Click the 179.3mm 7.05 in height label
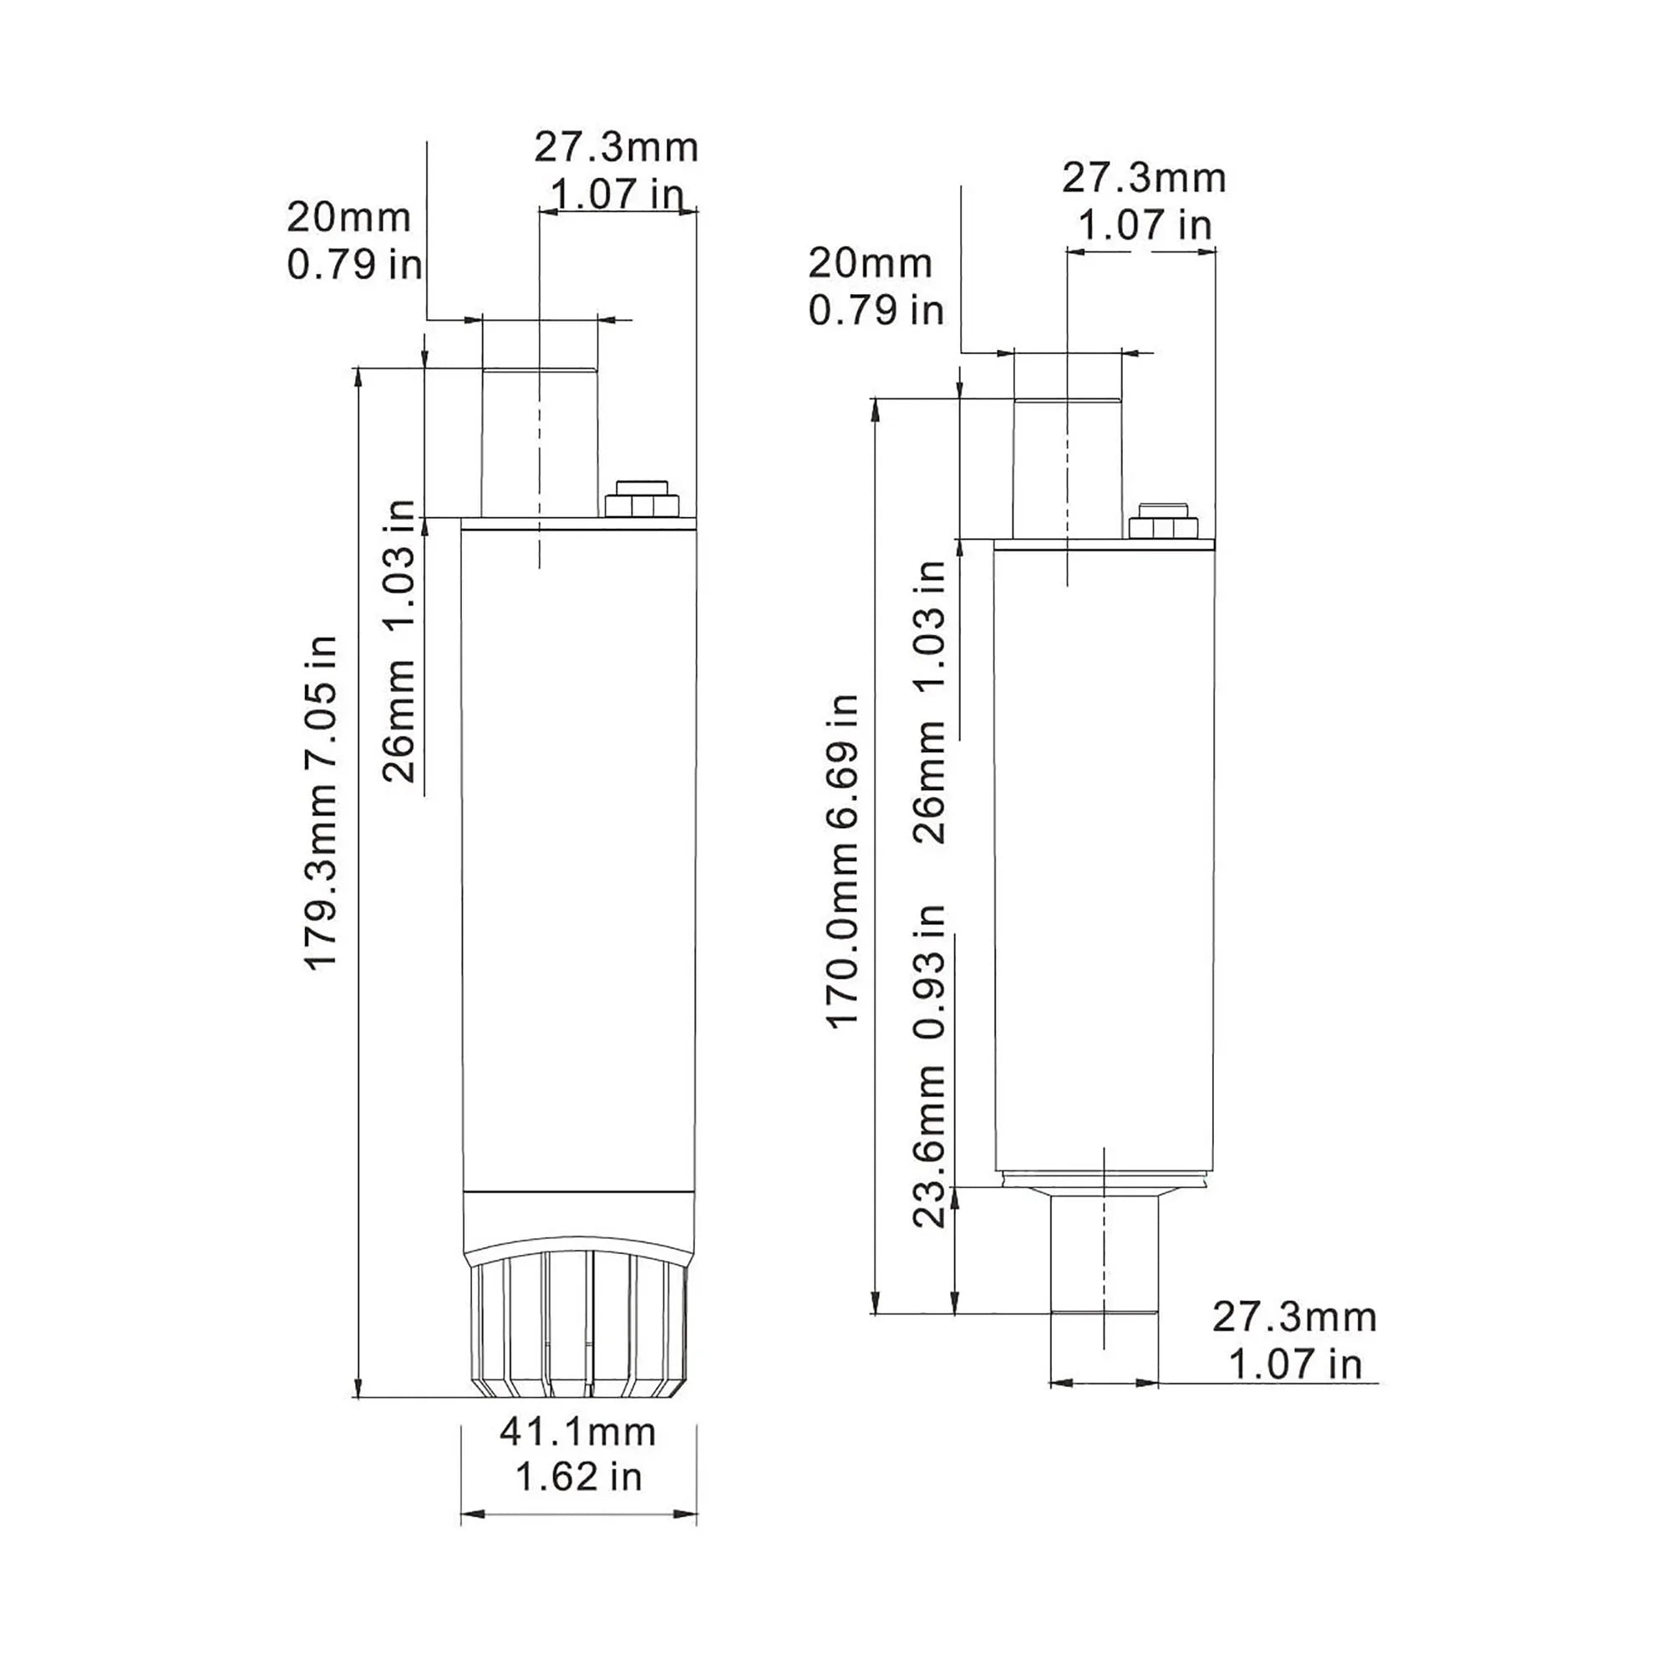(322, 803)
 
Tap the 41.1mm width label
(578, 1432)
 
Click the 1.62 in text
(578, 1476)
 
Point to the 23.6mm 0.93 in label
(931, 1065)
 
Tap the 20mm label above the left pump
(348, 217)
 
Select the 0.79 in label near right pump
(876, 311)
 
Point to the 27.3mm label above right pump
(1144, 179)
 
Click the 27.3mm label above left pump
(616, 148)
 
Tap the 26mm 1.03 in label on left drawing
(399, 641)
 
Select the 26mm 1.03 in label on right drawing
(931, 702)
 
